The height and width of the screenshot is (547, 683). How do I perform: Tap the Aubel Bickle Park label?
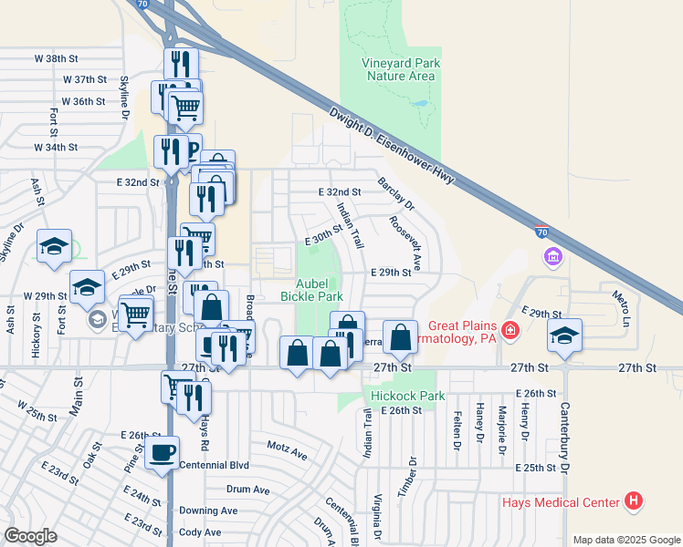point(318,290)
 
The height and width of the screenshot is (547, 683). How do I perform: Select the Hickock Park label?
point(407,396)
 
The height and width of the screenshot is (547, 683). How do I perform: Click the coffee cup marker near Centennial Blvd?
point(163,452)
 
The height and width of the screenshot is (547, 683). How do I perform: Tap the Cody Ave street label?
point(201,532)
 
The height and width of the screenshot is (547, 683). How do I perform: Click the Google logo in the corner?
point(30,536)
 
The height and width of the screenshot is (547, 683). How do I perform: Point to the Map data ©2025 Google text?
point(626,540)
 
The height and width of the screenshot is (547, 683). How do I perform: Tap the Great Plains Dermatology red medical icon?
point(510,328)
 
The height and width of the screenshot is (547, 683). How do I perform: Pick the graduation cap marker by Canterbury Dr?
point(564,335)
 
